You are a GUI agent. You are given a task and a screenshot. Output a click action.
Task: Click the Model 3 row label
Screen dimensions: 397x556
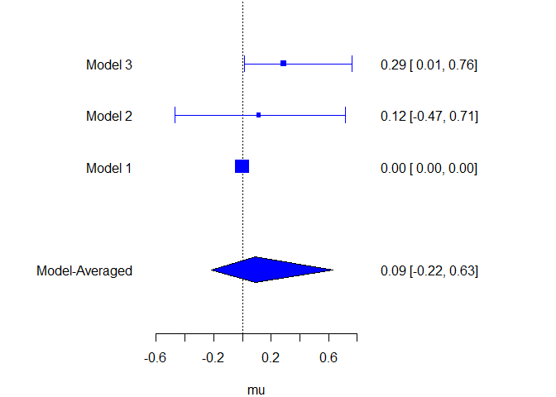click(x=108, y=65)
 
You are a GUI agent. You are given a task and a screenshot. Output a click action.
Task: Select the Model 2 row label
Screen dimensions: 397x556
click(x=108, y=117)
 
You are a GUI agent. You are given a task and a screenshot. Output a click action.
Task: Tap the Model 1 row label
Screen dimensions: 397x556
click(x=108, y=169)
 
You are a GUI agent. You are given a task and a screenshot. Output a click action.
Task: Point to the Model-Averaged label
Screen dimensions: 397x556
click(x=84, y=271)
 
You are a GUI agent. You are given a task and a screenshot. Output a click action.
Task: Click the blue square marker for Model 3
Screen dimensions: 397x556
click(x=283, y=64)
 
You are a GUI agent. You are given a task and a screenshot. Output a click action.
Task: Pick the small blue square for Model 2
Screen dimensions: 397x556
click(x=259, y=115)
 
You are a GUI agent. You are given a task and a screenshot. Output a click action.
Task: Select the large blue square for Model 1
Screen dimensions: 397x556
click(x=242, y=166)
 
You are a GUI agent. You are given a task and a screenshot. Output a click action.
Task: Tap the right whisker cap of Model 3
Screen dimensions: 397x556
click(x=352, y=64)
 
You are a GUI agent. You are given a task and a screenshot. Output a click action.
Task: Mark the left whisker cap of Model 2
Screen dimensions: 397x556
click(x=175, y=115)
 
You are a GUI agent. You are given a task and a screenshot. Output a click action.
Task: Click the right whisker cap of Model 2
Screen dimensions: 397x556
click(x=344, y=115)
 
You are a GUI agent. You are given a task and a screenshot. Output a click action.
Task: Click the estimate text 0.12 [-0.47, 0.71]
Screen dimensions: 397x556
click(x=429, y=117)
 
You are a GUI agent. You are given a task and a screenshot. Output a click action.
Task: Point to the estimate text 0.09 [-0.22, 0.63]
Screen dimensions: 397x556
click(x=429, y=271)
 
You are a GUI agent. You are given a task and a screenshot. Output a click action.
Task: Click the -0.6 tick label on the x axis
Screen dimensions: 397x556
click(x=155, y=358)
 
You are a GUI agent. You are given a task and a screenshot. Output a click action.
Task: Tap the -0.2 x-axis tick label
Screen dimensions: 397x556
click(x=213, y=358)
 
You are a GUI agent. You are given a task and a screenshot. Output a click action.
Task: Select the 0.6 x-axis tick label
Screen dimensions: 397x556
click(x=329, y=358)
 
